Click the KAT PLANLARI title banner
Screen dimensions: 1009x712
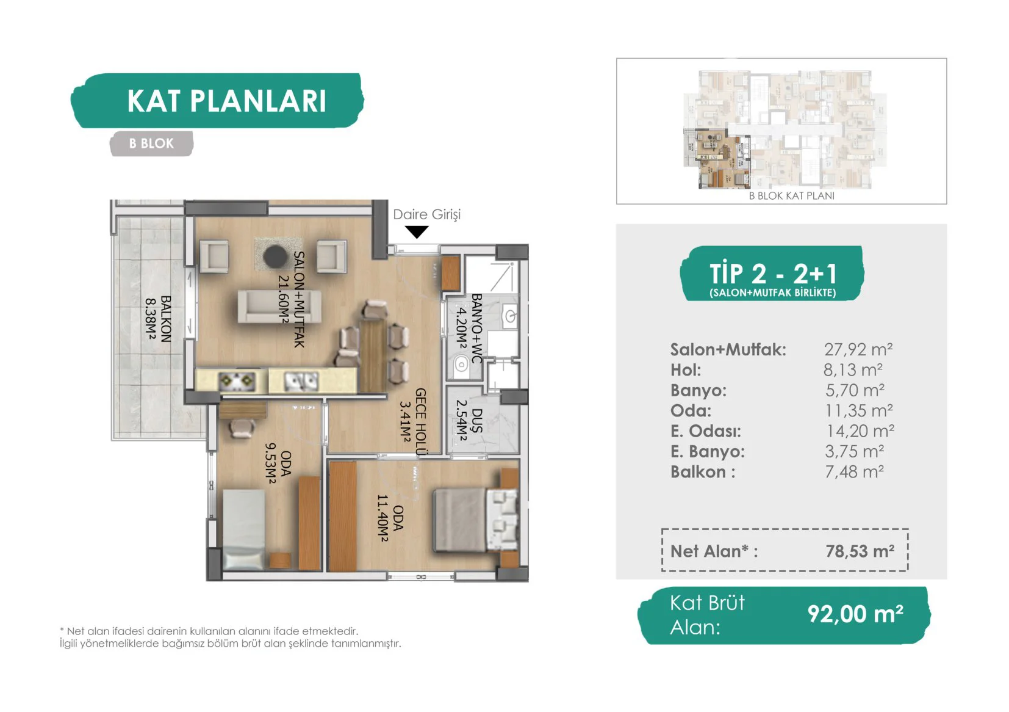pyautogui.click(x=218, y=100)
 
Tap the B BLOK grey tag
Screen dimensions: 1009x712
pyautogui.click(x=151, y=143)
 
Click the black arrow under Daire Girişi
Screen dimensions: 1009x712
pyautogui.click(x=417, y=232)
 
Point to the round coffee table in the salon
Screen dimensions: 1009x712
pyautogui.click(x=275, y=256)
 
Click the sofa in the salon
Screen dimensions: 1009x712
pyautogui.click(x=280, y=307)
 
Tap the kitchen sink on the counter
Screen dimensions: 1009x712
pyautogui.click(x=301, y=382)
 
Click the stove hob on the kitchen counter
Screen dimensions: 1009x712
pyautogui.click(x=237, y=382)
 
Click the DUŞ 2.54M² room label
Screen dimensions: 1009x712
pyautogui.click(x=469, y=420)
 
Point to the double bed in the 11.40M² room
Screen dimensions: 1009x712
pyautogui.click(x=476, y=520)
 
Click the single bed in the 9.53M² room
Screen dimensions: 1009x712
pyautogui.click(x=243, y=529)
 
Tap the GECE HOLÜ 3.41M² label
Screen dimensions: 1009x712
pyautogui.click(x=413, y=421)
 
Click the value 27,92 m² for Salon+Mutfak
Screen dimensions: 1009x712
pyautogui.click(x=858, y=349)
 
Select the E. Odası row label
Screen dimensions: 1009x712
pyautogui.click(x=706, y=431)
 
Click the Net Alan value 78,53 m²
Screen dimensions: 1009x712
pyautogui.click(x=860, y=551)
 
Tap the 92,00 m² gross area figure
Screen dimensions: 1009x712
pyautogui.click(x=855, y=614)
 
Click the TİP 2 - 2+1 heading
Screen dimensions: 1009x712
pyautogui.click(x=773, y=273)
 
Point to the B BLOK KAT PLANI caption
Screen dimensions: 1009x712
pyautogui.click(x=792, y=195)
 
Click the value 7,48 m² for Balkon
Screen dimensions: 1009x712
pyautogui.click(x=854, y=471)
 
